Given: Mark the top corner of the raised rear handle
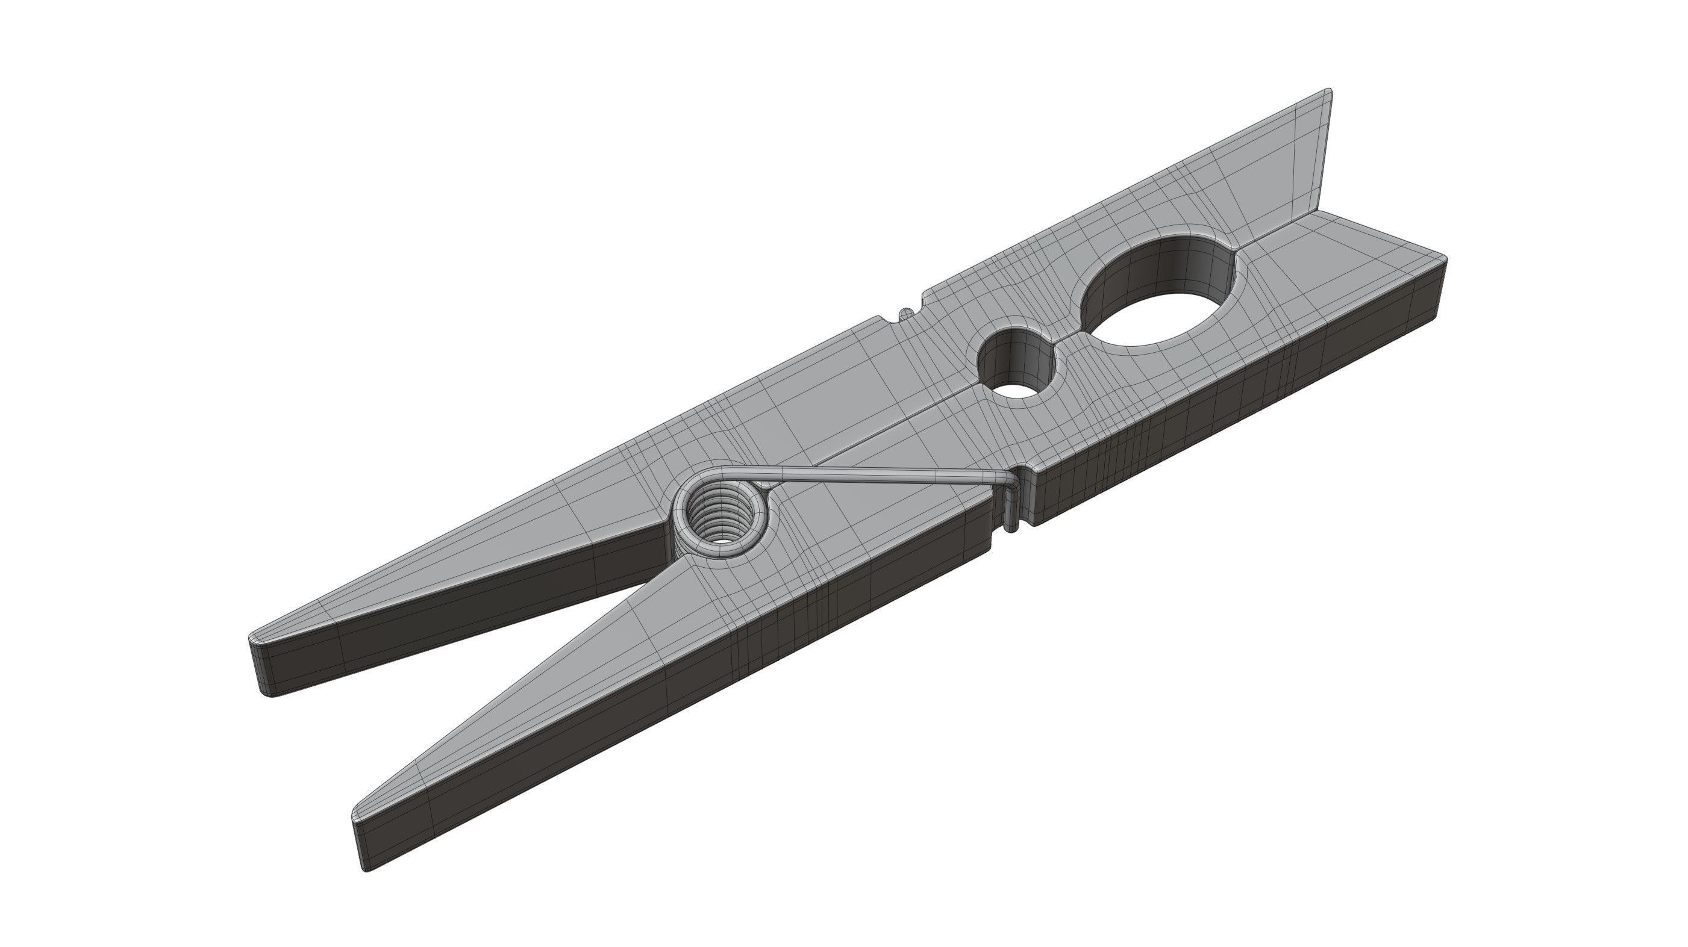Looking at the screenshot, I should point(1328,92).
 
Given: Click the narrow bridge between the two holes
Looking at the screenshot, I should point(1065,341).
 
